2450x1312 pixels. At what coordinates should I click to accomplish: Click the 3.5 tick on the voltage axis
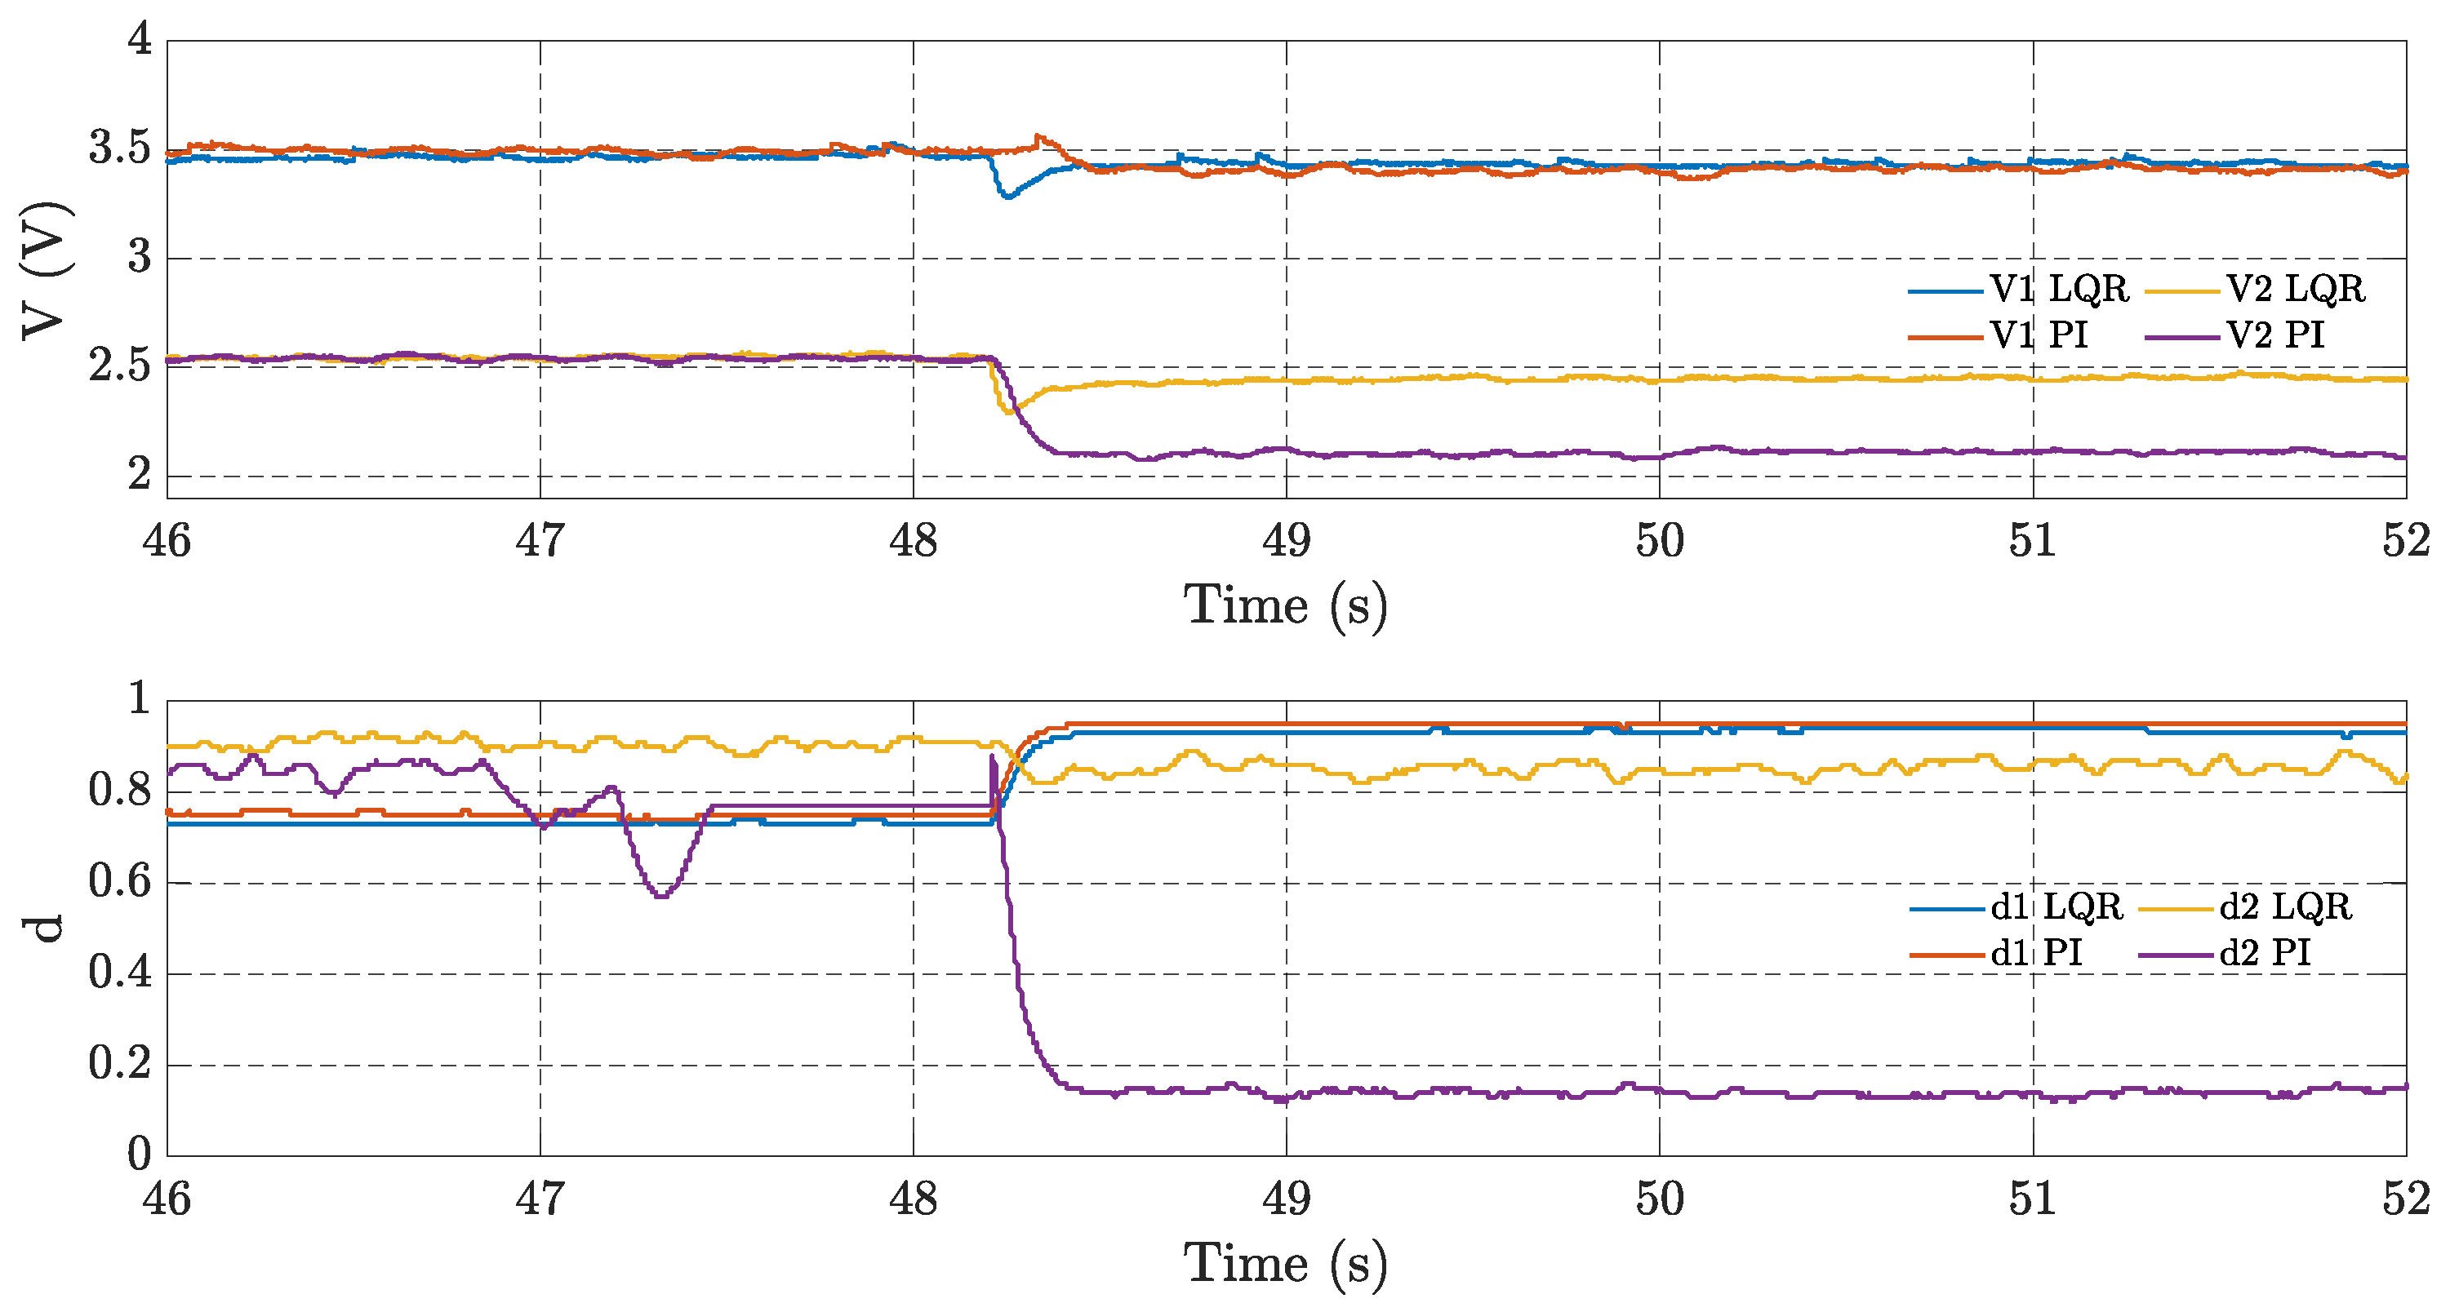[x=120, y=149]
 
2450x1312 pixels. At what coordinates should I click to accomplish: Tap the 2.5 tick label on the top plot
[x=120, y=366]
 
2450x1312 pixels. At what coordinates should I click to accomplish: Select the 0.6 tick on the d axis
[x=120, y=882]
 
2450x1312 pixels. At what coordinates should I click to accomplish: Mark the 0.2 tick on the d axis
[x=120, y=1064]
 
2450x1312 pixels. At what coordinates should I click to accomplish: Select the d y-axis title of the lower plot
[x=45, y=928]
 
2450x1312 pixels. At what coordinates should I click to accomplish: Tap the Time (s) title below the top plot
[x=1286, y=605]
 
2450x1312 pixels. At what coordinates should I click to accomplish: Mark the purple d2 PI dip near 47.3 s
[x=662, y=894]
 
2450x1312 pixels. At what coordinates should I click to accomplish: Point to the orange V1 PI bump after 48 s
[x=1039, y=140]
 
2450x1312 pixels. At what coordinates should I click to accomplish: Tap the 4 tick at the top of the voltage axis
[x=140, y=40]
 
